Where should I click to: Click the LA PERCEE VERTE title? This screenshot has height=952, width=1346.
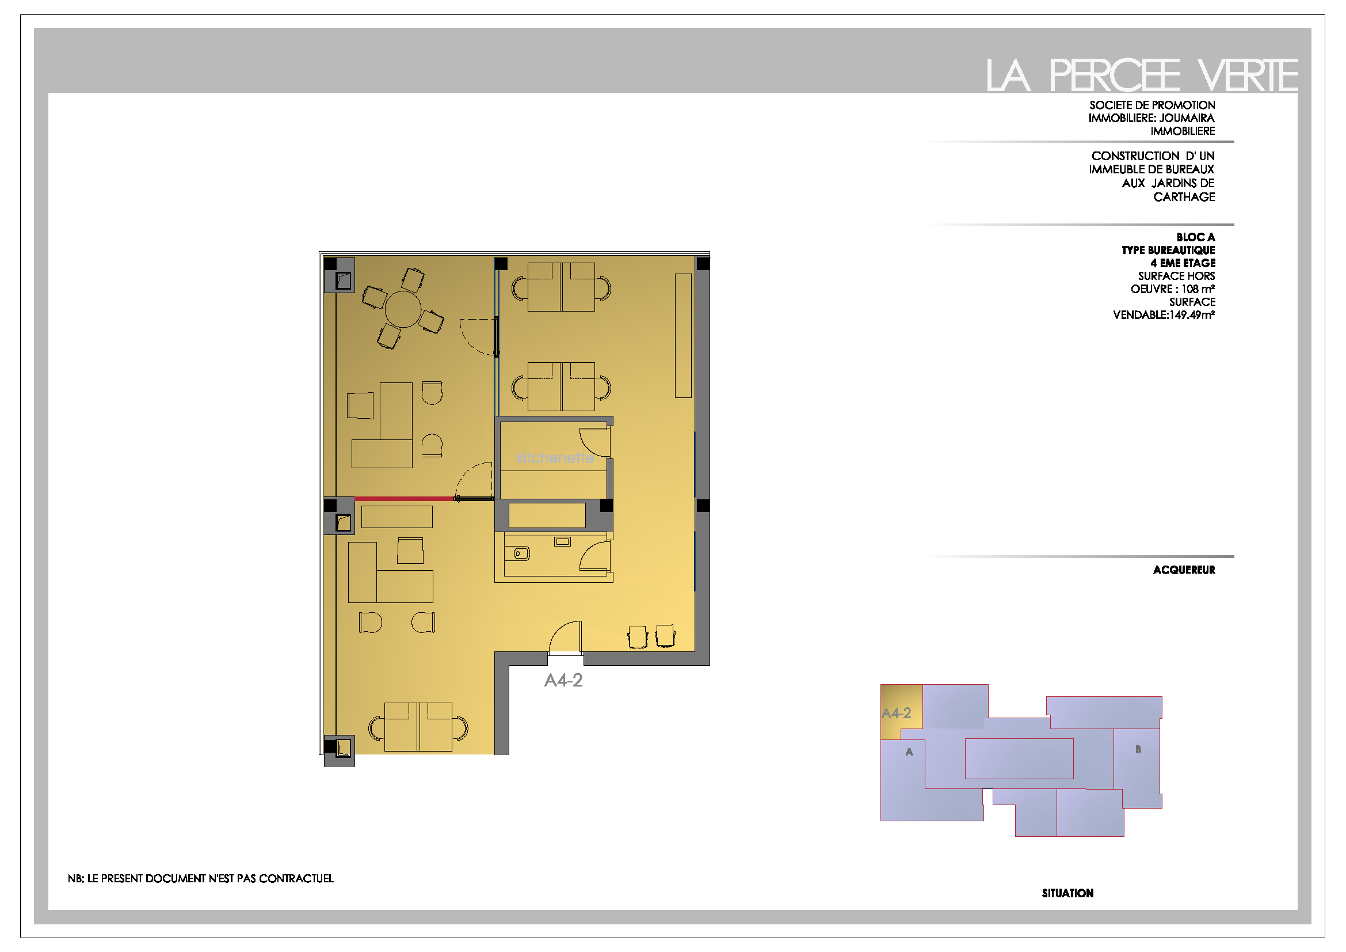click(1141, 75)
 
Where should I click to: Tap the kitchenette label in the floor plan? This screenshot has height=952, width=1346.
click(555, 458)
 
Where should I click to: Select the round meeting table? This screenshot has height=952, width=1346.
click(403, 309)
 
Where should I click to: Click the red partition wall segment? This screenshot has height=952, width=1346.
click(405, 499)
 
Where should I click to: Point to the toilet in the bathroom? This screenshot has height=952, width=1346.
click(521, 553)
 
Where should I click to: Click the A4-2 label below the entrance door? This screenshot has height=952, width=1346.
click(563, 680)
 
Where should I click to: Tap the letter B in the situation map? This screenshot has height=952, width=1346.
click(1138, 749)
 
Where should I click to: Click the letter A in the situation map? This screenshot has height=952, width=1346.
click(909, 752)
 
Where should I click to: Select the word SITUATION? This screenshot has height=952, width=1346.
click(1067, 893)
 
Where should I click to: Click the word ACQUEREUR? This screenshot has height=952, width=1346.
click(1184, 570)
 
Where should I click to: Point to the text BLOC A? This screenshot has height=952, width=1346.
click(1195, 237)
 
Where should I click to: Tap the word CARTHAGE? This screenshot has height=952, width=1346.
click(1184, 197)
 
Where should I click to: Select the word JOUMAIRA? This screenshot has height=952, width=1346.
click(1187, 118)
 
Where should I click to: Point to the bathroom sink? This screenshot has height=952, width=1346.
click(563, 542)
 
